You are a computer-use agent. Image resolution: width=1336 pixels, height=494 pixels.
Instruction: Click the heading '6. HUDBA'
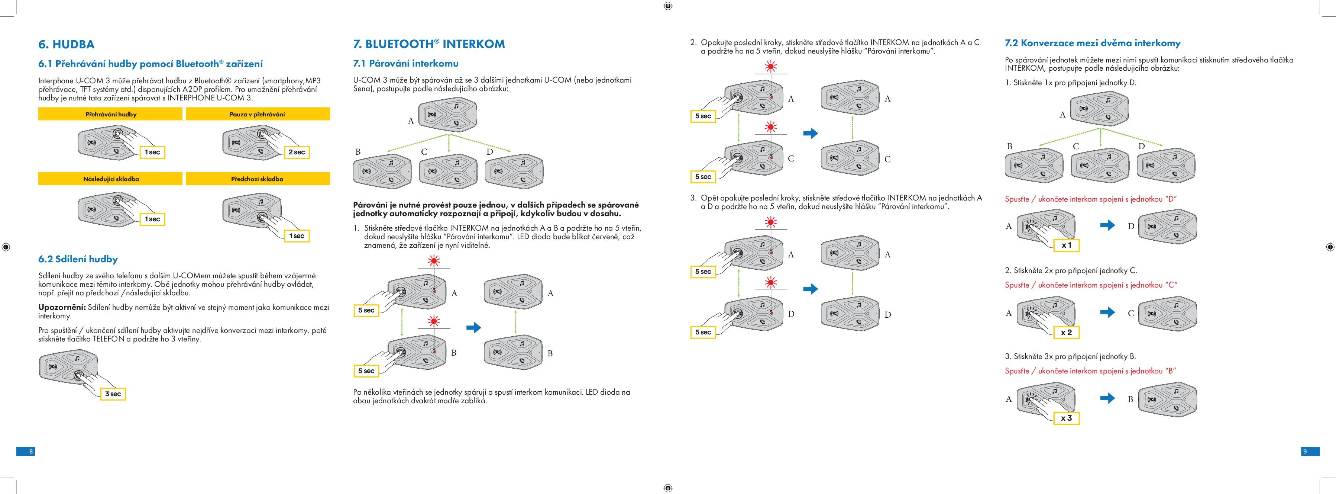pos(67,45)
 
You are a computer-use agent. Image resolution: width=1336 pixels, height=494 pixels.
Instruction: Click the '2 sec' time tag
pos(297,152)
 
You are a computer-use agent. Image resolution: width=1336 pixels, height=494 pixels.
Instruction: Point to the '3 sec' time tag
pos(113,394)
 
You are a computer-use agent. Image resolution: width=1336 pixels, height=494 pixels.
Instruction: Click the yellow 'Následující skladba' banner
pos(110,179)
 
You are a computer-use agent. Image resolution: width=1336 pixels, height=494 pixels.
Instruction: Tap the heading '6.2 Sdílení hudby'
pos(78,259)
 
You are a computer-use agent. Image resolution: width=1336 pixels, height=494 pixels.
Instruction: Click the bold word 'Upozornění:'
pos(62,307)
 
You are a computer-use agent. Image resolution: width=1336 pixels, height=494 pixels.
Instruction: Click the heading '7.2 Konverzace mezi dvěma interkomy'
pos(1092,43)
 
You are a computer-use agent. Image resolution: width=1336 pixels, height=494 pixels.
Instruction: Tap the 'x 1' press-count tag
pos(1066,245)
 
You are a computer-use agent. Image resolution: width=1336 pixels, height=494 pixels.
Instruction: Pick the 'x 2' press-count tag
pos(1066,332)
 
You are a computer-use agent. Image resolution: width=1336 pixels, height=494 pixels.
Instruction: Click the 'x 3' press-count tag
pos(1066,418)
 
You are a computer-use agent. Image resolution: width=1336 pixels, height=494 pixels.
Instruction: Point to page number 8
pos(30,452)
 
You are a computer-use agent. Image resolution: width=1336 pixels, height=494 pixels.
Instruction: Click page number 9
pos(1305,452)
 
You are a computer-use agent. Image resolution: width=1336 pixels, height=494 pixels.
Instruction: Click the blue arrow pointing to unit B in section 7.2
pos(1107,398)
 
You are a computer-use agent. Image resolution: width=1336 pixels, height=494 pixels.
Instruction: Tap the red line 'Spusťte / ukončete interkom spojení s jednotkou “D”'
pos(1091,199)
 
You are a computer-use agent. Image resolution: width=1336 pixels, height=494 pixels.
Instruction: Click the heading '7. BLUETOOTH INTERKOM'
pos(428,44)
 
